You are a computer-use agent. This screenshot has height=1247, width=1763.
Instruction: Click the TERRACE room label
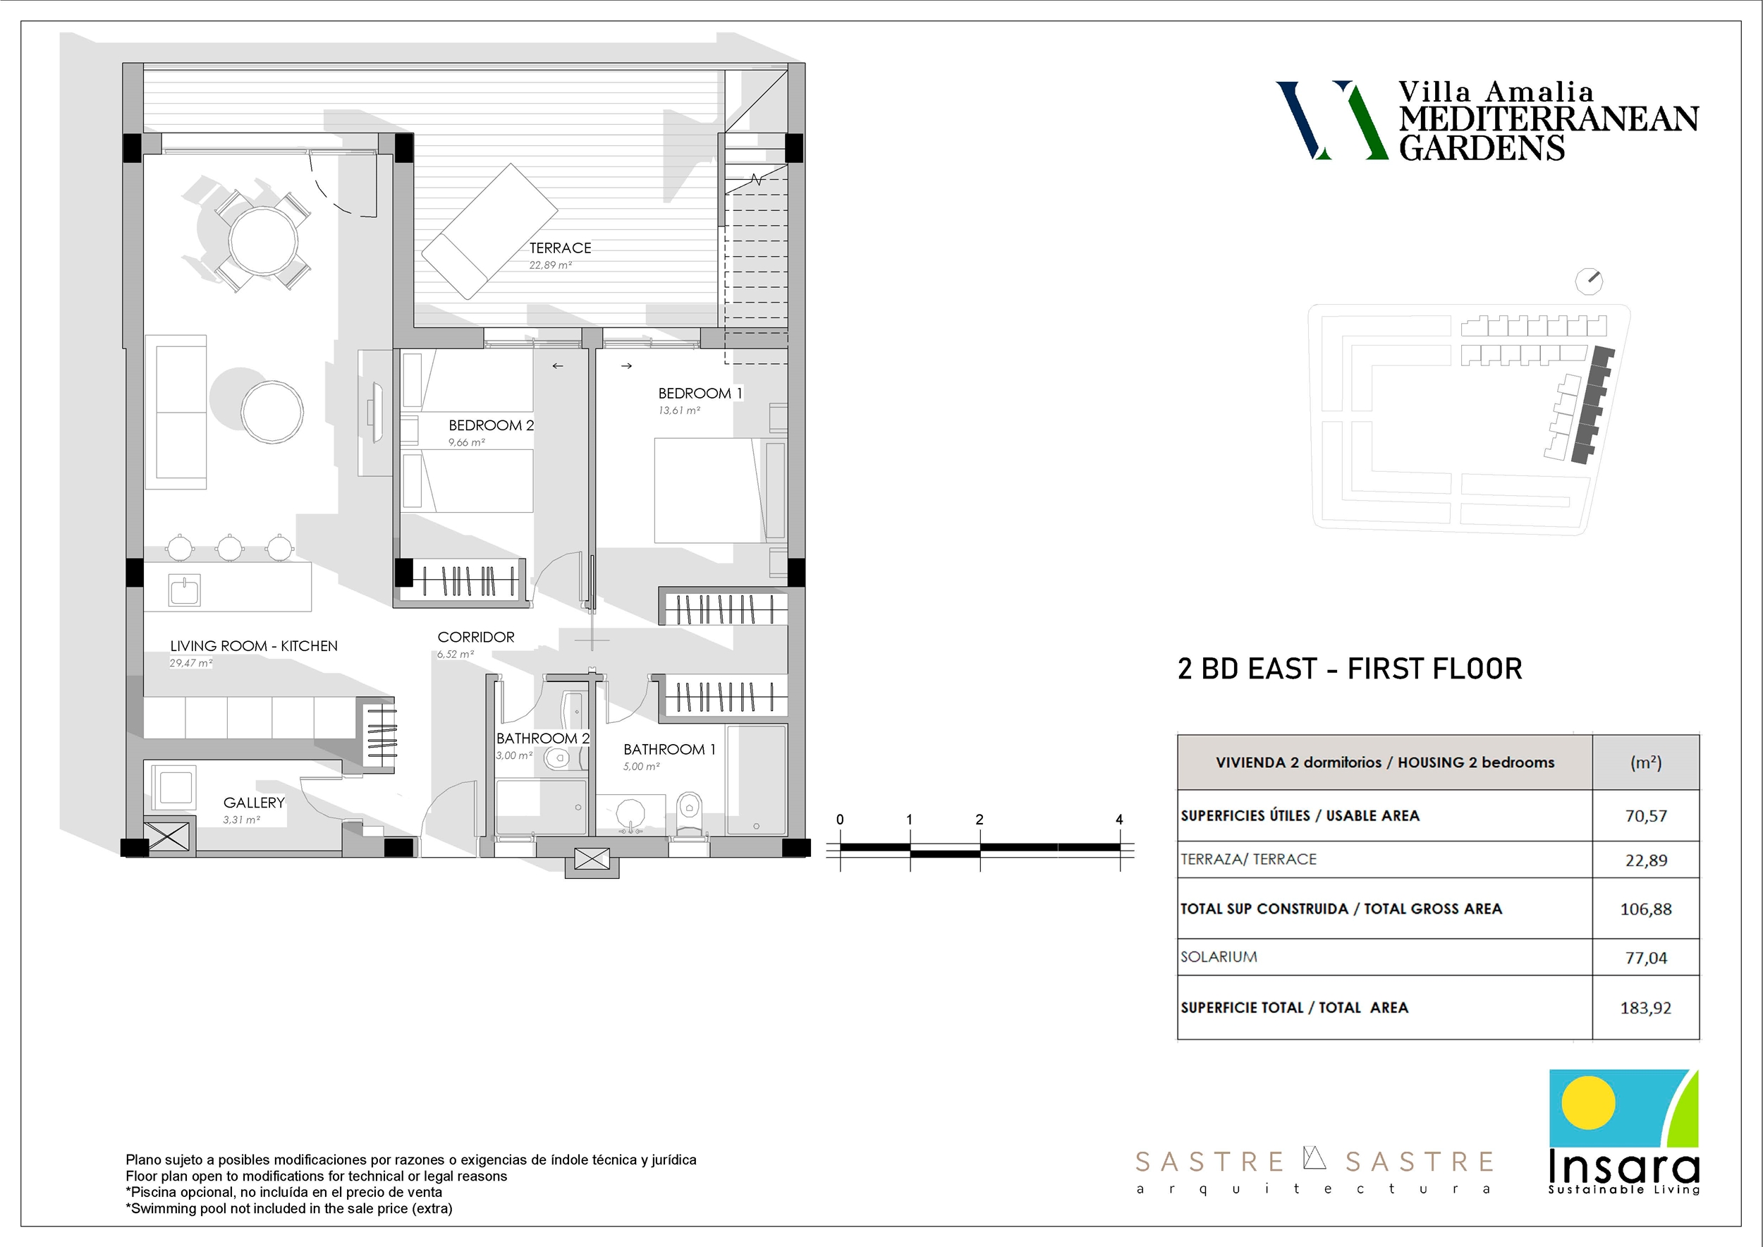pyautogui.click(x=560, y=248)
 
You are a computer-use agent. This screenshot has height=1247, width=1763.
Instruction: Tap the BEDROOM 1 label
pyautogui.click(x=700, y=393)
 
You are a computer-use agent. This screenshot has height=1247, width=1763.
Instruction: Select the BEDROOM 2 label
pyautogui.click(x=491, y=425)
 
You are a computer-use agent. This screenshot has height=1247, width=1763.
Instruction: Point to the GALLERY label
pyautogui.click(x=253, y=803)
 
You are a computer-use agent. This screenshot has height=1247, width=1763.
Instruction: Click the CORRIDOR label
pyautogui.click(x=475, y=638)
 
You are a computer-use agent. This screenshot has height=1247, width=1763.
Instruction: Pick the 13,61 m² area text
pyautogui.click(x=679, y=410)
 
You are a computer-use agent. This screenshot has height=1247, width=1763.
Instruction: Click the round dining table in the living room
pyautogui.click(x=263, y=240)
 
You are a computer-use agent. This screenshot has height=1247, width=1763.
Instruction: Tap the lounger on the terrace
pyautogui.click(x=489, y=231)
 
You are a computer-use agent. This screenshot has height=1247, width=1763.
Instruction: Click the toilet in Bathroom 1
pyautogui.click(x=690, y=813)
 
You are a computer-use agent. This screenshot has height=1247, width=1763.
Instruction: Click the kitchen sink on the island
pyautogui.click(x=184, y=590)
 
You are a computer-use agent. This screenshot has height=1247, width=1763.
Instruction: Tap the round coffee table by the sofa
pyautogui.click(x=272, y=412)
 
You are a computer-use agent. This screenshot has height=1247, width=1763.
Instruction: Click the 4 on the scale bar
pyautogui.click(x=1118, y=820)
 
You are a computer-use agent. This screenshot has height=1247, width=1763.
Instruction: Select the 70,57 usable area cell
pyautogui.click(x=1645, y=816)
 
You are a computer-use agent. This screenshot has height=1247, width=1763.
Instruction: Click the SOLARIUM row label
pyautogui.click(x=1219, y=956)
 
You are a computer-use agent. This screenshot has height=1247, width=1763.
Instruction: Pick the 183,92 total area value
pyautogui.click(x=1645, y=1007)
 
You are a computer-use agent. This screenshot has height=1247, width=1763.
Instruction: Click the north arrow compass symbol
pyautogui.click(x=1589, y=281)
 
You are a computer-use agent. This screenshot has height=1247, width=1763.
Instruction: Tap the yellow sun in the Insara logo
pyautogui.click(x=1588, y=1102)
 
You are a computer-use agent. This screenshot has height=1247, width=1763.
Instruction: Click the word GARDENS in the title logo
pyautogui.click(x=1481, y=147)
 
